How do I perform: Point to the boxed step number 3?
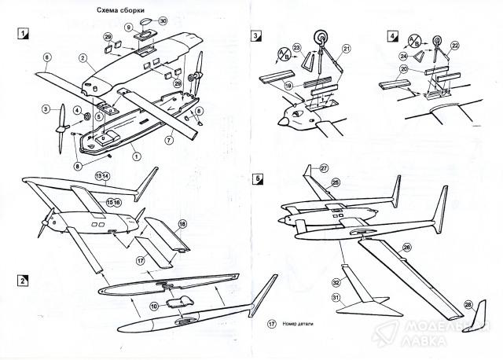coord(256,35)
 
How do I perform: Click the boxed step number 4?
coord(393,35)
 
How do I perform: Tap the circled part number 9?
coord(128,27)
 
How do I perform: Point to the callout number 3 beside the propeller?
coord(46,108)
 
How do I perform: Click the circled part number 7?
coord(168,139)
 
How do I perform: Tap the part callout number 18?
coord(182,225)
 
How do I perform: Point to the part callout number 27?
coord(324,167)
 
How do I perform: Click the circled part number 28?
coord(468,304)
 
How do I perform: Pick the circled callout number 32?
coord(336,281)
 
